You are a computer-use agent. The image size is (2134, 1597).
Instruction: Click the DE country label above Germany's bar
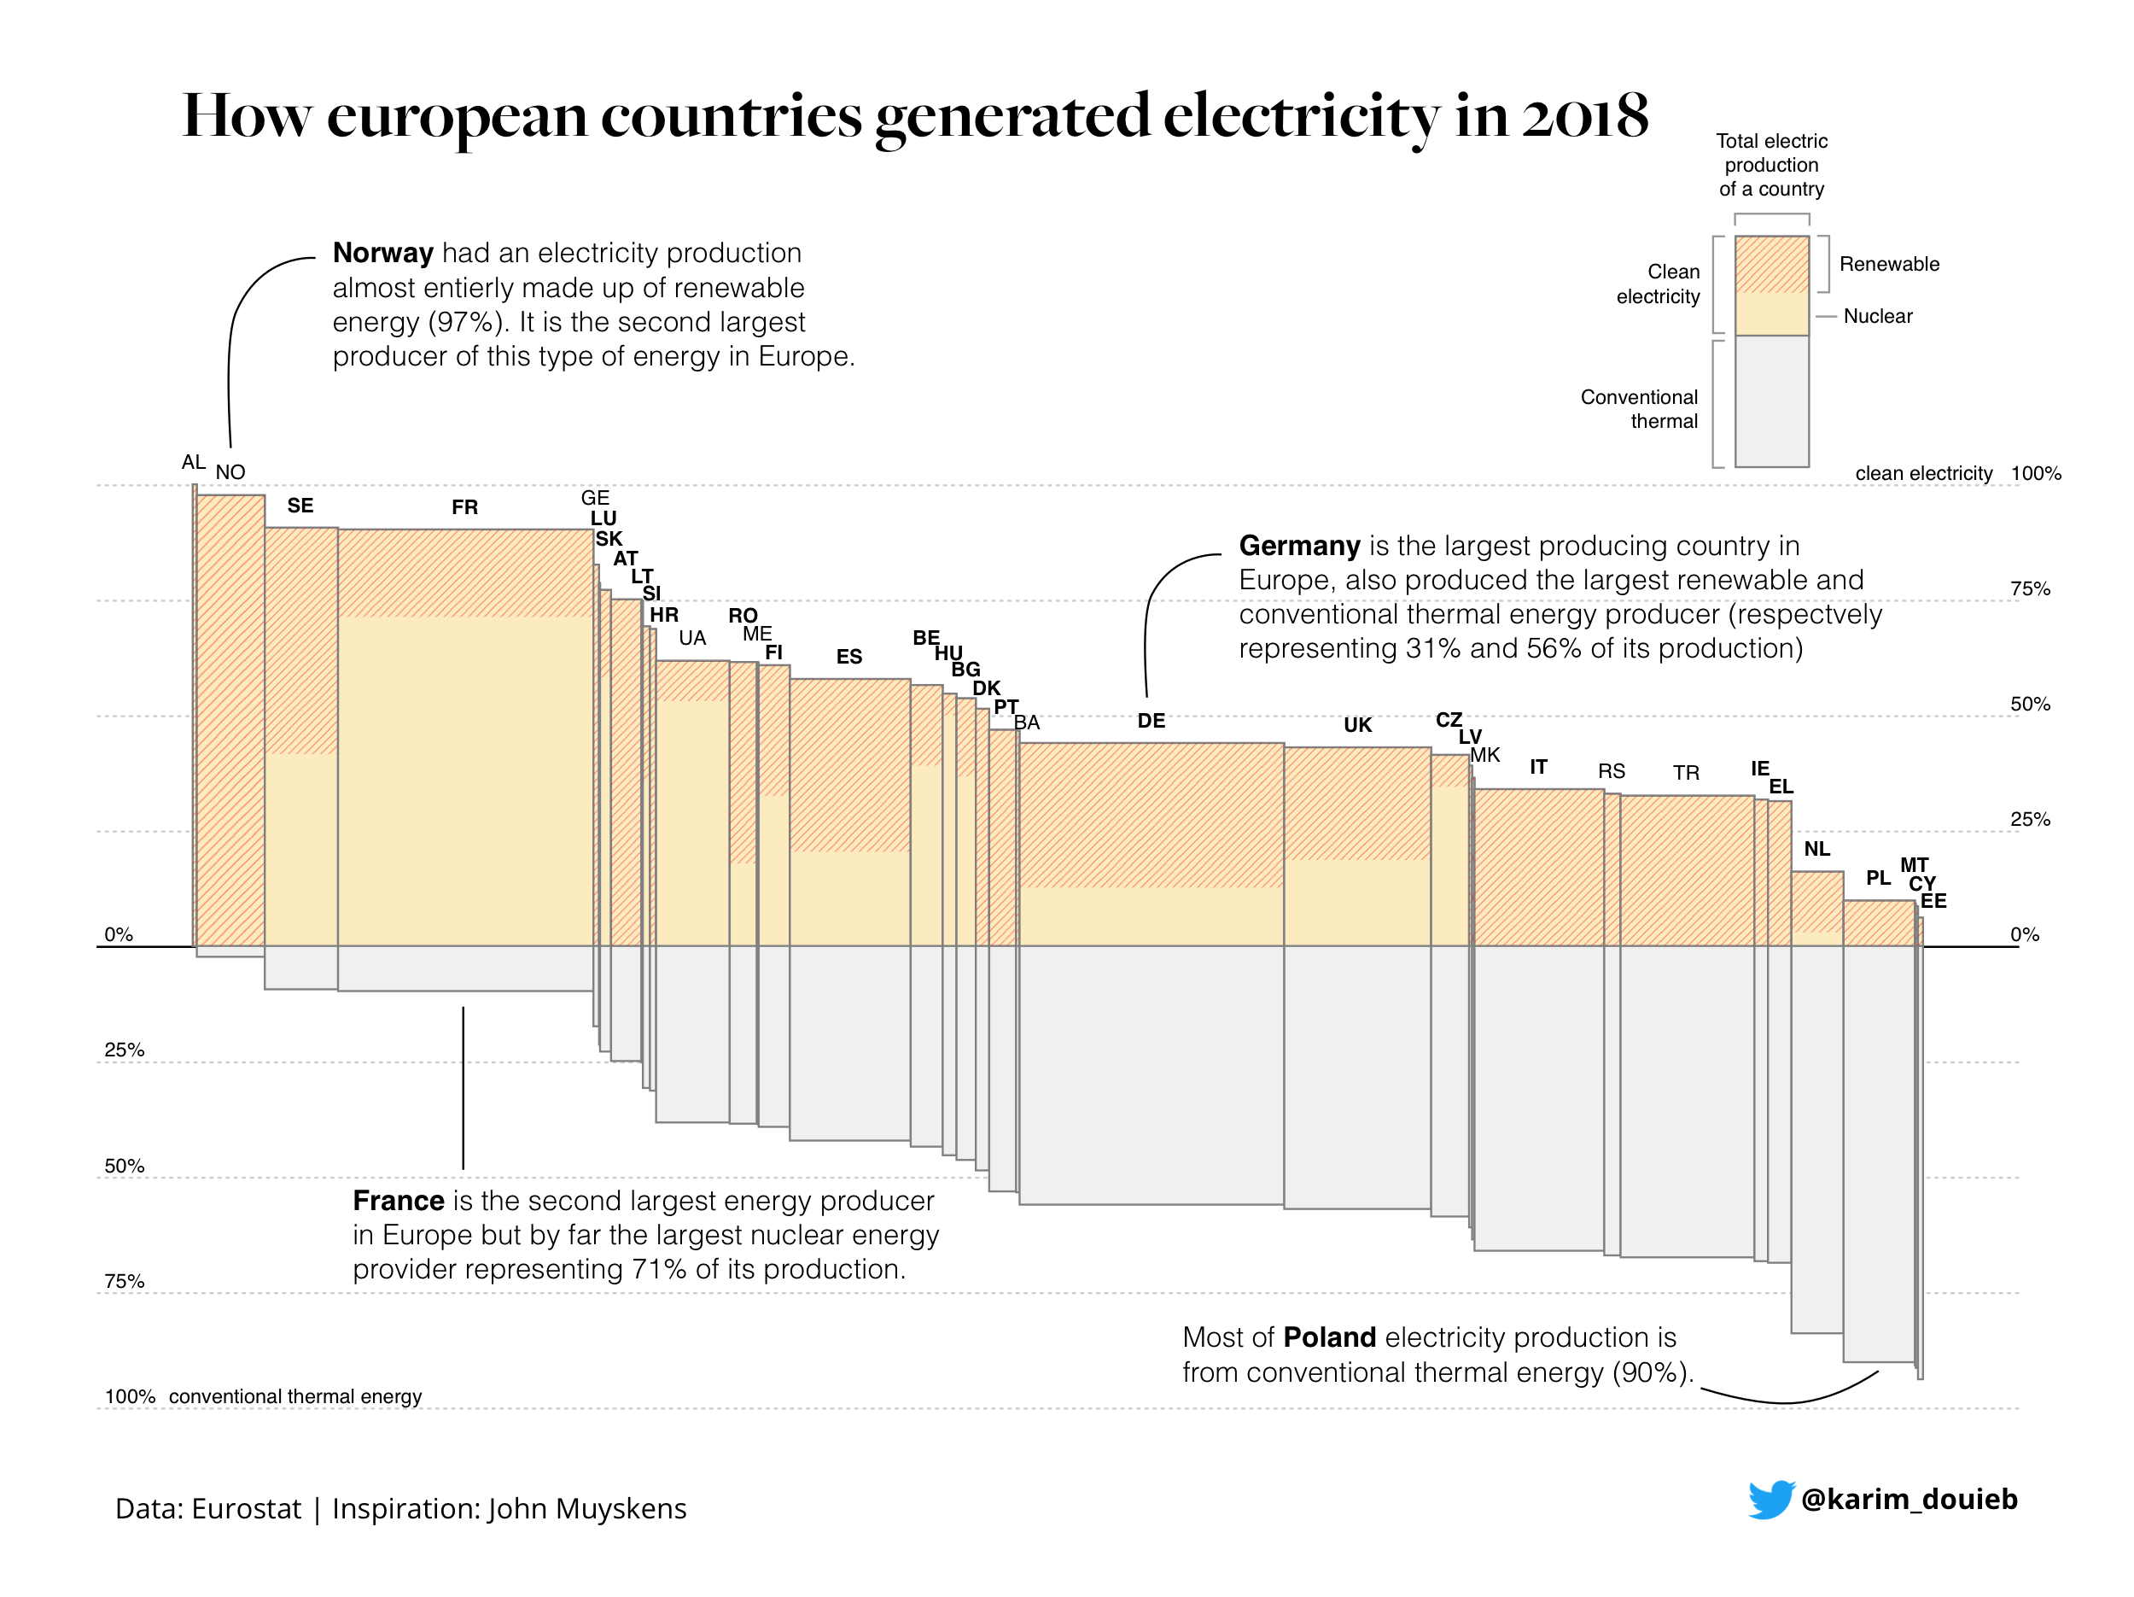[x=1151, y=721]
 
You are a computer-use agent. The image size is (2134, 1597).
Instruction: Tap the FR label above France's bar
[x=464, y=507]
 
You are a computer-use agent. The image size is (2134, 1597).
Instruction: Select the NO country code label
[x=230, y=473]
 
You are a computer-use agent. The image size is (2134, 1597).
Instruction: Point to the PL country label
[x=1877, y=878]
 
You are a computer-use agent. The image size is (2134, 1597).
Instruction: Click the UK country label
[x=1357, y=726]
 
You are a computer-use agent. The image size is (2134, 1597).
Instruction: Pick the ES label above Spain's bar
[x=849, y=657]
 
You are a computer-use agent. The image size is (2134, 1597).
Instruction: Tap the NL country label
[x=1816, y=849]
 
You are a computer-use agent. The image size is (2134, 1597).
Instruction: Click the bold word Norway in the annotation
[x=383, y=253]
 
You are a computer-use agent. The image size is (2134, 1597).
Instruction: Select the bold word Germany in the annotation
[x=1298, y=547]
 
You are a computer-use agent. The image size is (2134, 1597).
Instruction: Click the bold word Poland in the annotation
[x=1329, y=1337]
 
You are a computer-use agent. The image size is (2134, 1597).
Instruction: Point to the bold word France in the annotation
[x=399, y=1201]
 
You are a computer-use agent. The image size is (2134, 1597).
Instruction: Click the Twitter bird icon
[x=1771, y=1499]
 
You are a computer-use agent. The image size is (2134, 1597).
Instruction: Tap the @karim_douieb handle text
[x=1909, y=1499]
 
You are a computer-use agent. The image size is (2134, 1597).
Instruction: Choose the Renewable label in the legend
[x=1888, y=265]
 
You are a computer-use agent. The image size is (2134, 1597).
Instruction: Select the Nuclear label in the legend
[x=1876, y=317]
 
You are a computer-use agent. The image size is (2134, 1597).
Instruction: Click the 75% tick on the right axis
[x=2030, y=589]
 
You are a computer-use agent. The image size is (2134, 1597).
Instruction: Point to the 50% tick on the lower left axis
[x=125, y=1166]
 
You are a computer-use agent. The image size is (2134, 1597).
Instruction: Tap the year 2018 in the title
[x=1585, y=116]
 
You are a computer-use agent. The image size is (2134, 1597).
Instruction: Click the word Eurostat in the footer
[x=246, y=1508]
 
